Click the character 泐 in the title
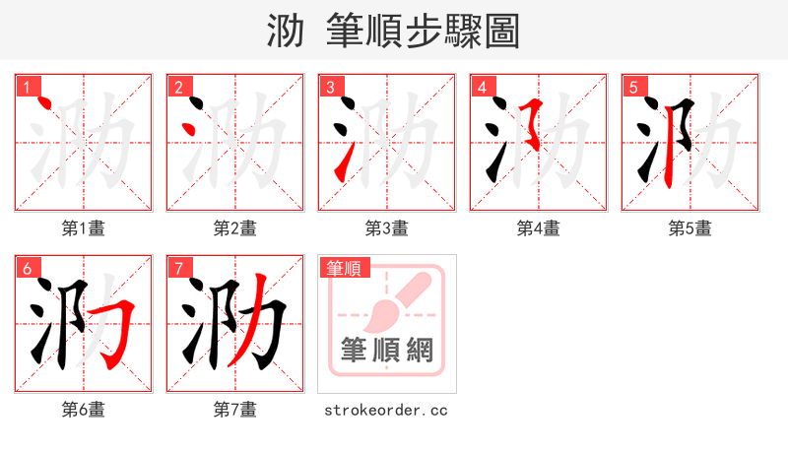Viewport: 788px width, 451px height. click(285, 32)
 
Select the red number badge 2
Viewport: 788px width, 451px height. click(178, 87)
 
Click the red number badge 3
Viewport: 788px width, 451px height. click(330, 87)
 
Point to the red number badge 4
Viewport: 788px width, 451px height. click(482, 87)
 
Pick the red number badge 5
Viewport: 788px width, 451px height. click(633, 87)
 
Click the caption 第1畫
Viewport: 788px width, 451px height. click(84, 228)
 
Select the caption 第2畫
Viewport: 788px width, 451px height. click(235, 228)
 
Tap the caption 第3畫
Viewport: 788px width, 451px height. click(387, 228)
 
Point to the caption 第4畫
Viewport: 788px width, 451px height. click(539, 228)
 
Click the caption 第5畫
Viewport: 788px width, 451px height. click(690, 228)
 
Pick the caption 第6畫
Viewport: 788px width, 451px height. click(84, 409)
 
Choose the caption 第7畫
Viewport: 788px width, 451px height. click(235, 409)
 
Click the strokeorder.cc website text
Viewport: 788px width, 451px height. click(387, 409)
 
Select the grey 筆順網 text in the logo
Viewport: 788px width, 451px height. click(387, 350)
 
